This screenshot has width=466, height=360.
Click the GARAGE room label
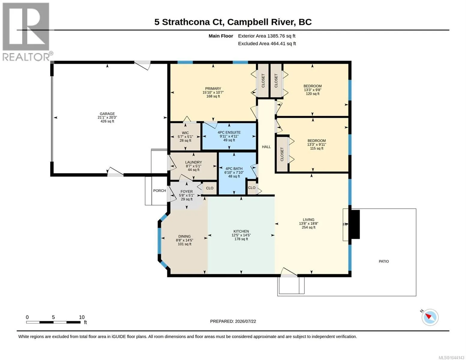107,114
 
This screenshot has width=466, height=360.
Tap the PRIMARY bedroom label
213,88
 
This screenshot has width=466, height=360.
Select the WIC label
185,133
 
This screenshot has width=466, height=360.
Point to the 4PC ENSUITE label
229,133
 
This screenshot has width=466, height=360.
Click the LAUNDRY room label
194,162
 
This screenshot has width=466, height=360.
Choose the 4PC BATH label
234,169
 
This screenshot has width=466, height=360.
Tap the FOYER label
187,191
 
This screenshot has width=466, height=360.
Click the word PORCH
160,190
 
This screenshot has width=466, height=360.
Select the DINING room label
185,236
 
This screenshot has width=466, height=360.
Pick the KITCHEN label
241,231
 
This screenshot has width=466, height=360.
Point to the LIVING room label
308,220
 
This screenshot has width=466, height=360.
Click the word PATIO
384,261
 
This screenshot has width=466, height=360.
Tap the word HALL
266,147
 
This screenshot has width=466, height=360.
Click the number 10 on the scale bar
82,317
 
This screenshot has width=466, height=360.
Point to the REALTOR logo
27,32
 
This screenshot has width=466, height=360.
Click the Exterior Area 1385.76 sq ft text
266,36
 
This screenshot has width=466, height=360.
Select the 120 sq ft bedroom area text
312,94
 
